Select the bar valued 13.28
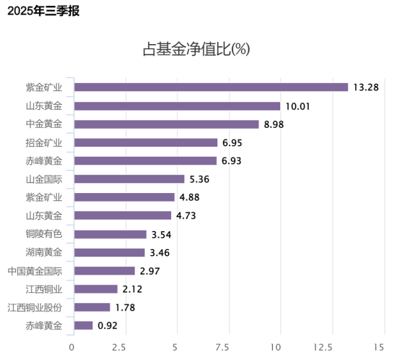tap(211, 87)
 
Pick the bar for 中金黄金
tap(167, 124)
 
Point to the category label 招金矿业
tap(44, 142)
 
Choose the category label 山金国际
tap(44, 179)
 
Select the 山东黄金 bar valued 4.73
tap(123, 215)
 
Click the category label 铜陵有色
tap(44, 234)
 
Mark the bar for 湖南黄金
tap(110, 252)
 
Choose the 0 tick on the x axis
tap(71, 347)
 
